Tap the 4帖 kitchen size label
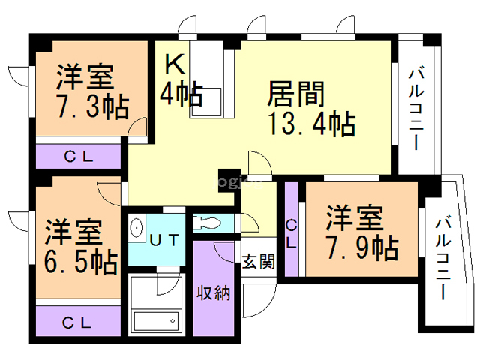(181, 94)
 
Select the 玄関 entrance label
(258, 261)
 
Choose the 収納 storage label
(213, 292)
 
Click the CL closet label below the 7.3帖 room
(78, 157)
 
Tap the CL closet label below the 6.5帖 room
(77, 322)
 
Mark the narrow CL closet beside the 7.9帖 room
(291, 232)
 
